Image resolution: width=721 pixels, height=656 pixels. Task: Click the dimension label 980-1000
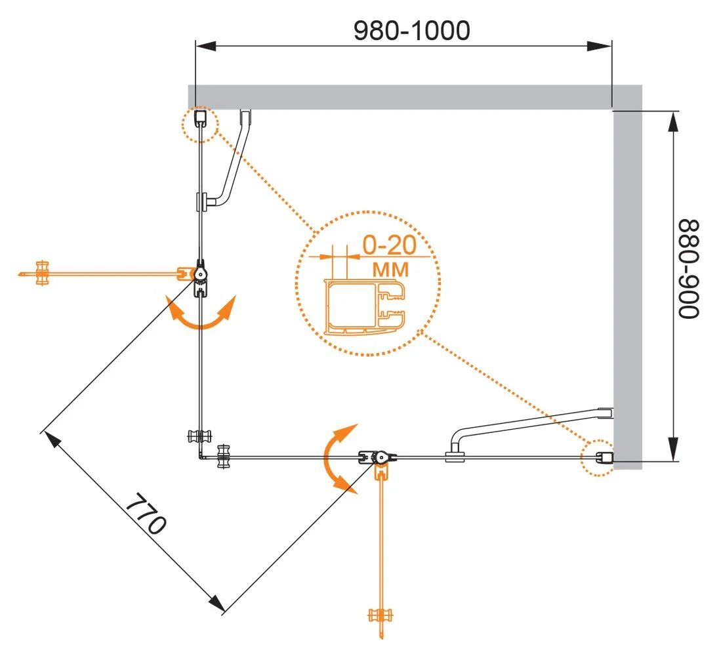click(x=411, y=30)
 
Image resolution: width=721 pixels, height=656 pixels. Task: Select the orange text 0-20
click(x=390, y=246)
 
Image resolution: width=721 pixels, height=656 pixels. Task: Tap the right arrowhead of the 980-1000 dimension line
click(x=598, y=47)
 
